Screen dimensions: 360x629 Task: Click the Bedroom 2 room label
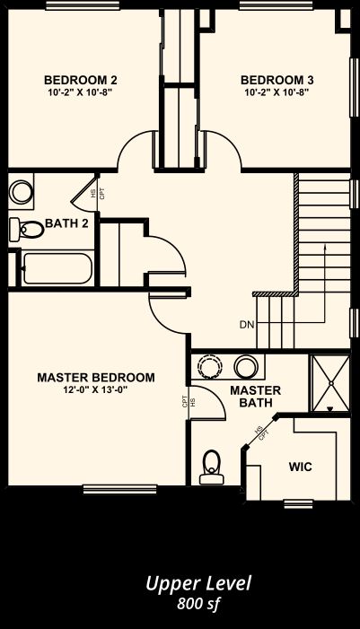tap(80, 80)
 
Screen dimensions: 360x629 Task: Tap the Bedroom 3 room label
tap(277, 80)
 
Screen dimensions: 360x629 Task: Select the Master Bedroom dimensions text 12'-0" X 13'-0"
tap(95, 389)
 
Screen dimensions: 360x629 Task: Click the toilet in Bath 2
tap(27, 230)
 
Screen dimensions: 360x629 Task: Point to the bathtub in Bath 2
tap(57, 268)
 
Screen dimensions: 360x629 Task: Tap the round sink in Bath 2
tap(21, 191)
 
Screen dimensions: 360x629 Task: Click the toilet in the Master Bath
tap(212, 467)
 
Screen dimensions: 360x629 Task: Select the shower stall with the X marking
tap(331, 383)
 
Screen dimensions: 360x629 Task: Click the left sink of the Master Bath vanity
tap(208, 366)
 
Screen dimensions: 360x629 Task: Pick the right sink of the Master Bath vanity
tap(246, 366)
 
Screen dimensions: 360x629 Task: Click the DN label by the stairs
tap(247, 325)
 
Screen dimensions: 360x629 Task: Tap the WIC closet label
tap(300, 467)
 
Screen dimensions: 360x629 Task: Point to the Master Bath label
tap(255, 397)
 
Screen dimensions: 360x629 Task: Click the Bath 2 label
tap(66, 223)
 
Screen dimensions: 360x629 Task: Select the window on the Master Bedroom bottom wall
tap(119, 489)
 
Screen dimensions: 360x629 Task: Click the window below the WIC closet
tap(298, 504)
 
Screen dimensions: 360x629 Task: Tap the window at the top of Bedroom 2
tap(83, 5)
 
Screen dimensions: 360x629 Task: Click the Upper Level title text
tap(198, 584)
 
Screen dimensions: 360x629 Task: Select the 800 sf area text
tap(198, 604)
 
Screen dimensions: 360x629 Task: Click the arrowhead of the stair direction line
tap(325, 248)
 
